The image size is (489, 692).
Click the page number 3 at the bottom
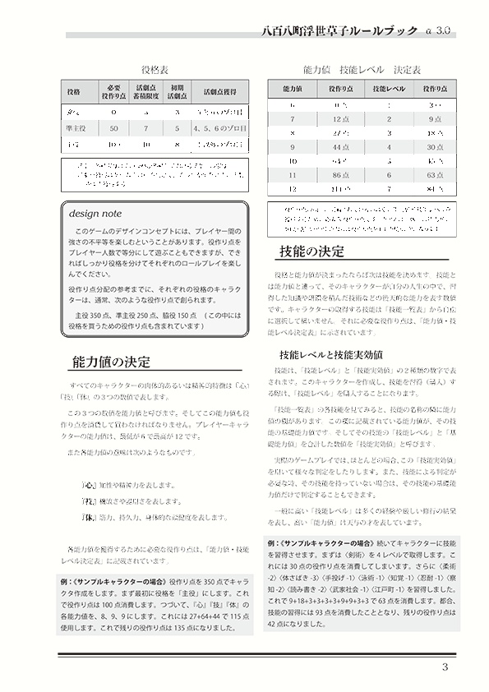point(445,667)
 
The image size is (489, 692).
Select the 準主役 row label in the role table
point(74,129)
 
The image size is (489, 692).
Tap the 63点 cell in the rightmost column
point(436,175)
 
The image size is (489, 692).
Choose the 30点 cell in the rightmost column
point(436,146)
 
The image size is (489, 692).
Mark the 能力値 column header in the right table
point(293,88)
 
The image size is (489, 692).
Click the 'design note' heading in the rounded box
point(95,213)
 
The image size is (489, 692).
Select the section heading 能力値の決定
point(111,362)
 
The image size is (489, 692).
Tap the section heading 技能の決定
point(311,251)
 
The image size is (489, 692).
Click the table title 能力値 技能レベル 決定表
point(362,71)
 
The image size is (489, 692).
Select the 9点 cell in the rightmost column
point(436,120)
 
